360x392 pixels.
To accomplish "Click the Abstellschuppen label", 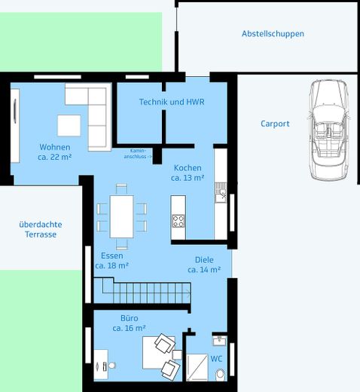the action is [x=273, y=34].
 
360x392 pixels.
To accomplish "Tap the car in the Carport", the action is [x=328, y=130].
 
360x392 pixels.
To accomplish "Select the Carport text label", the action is [x=275, y=124].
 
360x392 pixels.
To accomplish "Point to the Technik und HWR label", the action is [x=172, y=102].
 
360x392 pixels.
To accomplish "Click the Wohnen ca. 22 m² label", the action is [x=55, y=152].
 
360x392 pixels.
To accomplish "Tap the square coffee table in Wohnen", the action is [x=69, y=125].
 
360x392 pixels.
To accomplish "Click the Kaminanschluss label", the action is [x=138, y=154].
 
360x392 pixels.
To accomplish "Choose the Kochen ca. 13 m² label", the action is [x=188, y=173].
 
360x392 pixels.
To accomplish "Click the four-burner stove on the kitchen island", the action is [x=178, y=222].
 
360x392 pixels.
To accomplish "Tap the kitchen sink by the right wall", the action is [x=221, y=192].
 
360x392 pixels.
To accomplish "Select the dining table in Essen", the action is [x=121, y=216].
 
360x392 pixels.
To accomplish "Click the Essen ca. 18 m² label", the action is [x=112, y=261].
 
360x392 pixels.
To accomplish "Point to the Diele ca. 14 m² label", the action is [x=204, y=265].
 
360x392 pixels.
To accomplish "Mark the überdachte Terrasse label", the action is [x=41, y=229].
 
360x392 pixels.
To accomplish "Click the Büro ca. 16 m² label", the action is [x=129, y=323].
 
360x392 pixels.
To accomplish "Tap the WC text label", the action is [x=216, y=359].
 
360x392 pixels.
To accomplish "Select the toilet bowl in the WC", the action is [x=221, y=375].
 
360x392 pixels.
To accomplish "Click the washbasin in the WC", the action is [x=219, y=341].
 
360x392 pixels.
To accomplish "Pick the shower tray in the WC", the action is [x=197, y=367].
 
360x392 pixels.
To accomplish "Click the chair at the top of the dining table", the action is [x=121, y=189].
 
